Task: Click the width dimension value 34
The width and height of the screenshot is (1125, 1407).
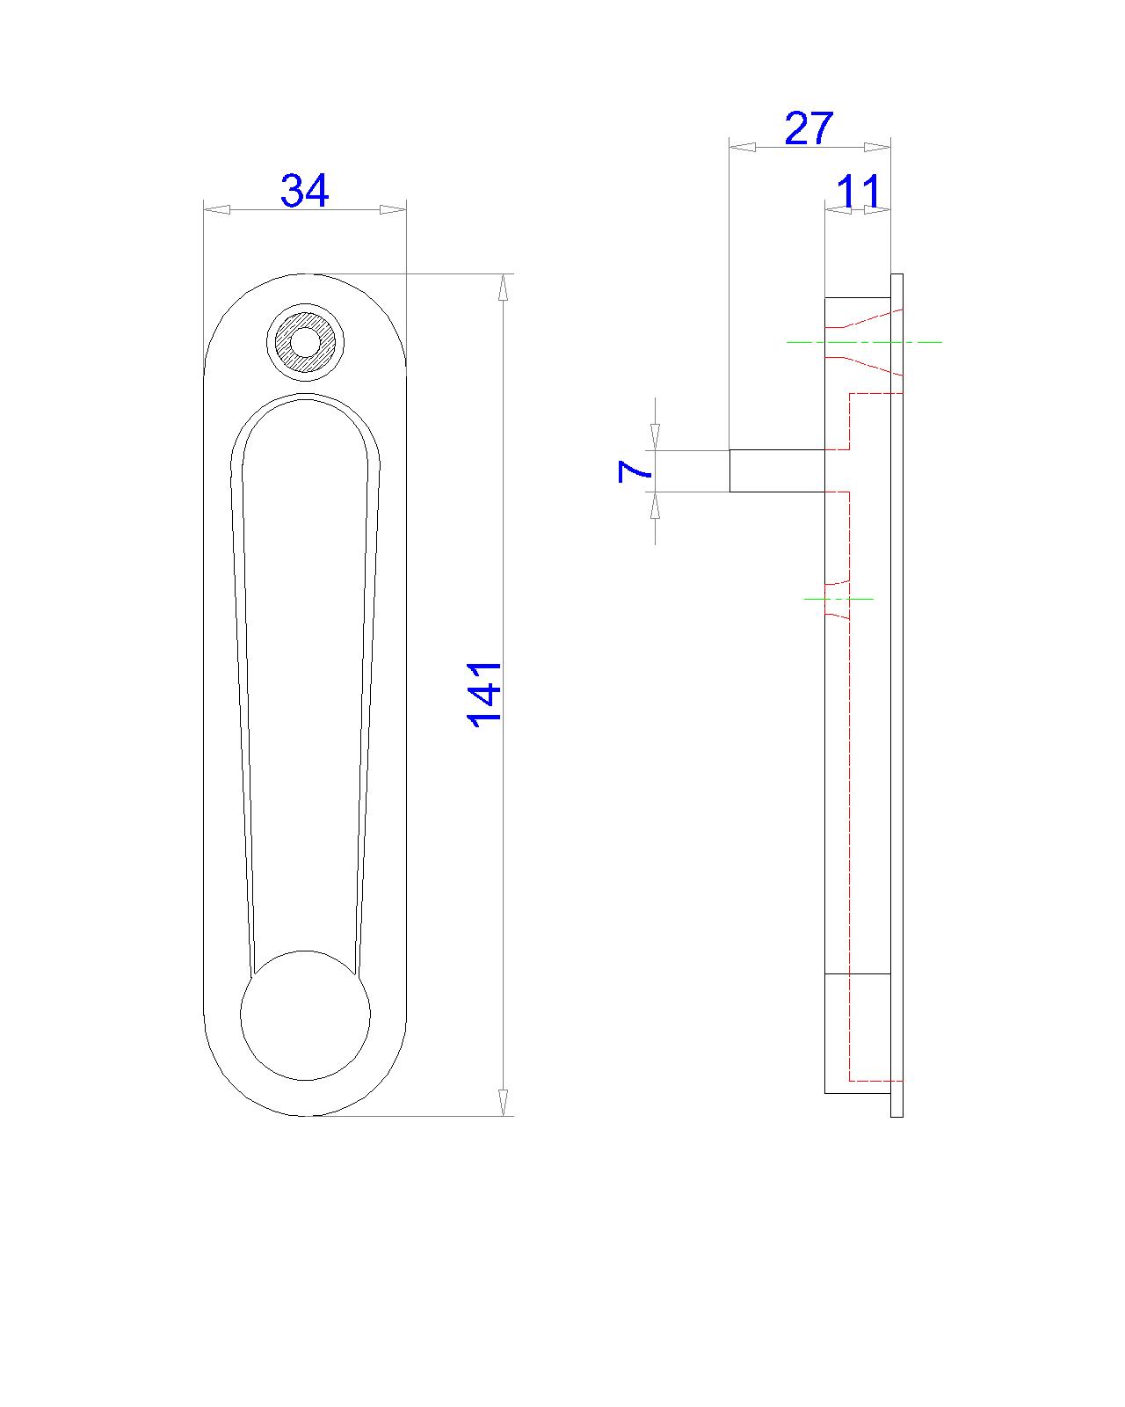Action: point(304,191)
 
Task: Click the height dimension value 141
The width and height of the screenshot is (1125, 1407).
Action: point(484,694)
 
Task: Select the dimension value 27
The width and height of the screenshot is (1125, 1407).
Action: point(808,128)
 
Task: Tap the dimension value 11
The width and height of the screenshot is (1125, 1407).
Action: point(858,191)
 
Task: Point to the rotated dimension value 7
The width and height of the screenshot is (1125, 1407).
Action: point(635,471)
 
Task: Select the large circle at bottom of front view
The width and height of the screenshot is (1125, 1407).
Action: point(305,1015)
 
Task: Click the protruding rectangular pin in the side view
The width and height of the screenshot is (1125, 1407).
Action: point(777,470)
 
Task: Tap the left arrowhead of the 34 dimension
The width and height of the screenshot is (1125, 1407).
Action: point(216,209)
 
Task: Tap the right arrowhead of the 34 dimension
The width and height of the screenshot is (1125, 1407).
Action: point(393,209)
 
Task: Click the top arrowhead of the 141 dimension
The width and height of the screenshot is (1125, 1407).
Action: point(503,288)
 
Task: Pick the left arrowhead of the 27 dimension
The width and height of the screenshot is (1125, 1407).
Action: point(744,147)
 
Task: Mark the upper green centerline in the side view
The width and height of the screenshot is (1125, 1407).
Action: point(865,341)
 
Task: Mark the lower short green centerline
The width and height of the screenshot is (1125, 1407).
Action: point(839,599)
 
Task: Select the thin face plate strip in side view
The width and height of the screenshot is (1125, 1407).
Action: point(896,695)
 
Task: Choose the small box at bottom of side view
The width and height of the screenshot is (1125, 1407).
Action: point(858,1033)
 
